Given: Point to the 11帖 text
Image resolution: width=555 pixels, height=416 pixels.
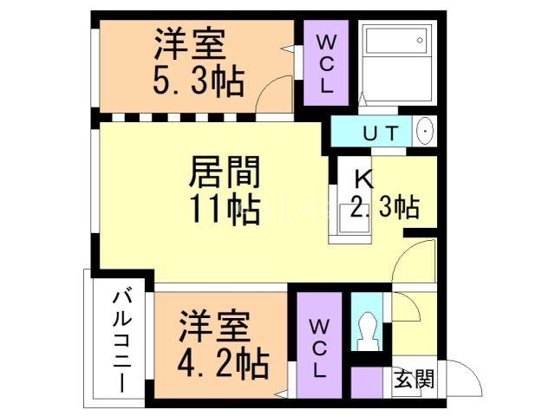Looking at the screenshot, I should click(224, 209).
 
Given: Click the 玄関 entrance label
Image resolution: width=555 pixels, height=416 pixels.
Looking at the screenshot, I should click(415, 379).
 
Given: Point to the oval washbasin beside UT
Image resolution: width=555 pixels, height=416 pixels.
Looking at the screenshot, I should click(426, 133).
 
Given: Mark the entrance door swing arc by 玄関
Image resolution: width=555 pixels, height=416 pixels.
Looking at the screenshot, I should click(467, 380).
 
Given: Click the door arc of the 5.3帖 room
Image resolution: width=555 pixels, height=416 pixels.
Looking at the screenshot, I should click(278, 89).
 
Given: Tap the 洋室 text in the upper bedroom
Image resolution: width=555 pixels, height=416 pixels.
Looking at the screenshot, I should click(191, 43).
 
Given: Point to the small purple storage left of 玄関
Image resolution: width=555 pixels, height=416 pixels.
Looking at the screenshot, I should click(367, 382).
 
